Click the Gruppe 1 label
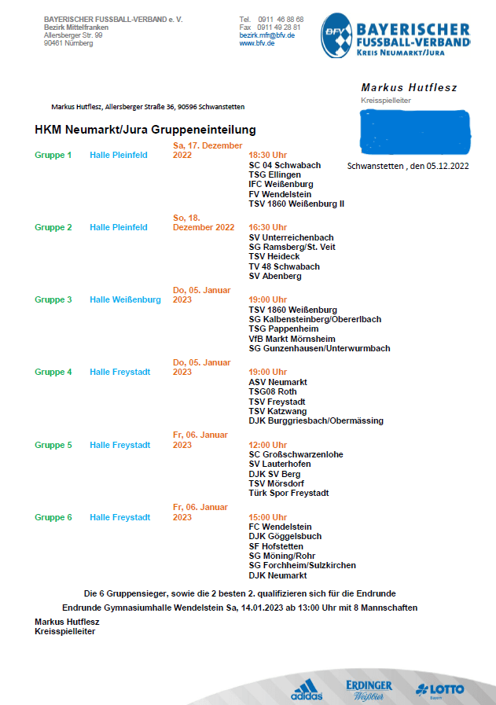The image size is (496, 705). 53,155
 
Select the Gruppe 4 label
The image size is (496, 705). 53,372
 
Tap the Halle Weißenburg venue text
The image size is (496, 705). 125,299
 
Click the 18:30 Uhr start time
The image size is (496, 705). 267,155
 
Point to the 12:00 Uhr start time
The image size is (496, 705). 267,445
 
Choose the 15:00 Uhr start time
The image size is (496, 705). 267,517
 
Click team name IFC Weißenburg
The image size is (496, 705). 281,184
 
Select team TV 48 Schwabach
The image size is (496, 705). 284,266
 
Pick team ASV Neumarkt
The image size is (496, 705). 277,382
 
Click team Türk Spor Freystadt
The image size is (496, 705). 288,494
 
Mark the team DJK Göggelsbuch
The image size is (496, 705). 285,536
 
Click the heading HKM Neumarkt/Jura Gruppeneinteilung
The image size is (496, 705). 145,130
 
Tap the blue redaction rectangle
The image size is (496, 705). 414,131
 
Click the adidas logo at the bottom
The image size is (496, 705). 306,689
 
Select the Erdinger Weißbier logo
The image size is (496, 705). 369,689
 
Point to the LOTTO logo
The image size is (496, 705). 440,690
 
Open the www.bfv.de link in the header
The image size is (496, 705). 257,43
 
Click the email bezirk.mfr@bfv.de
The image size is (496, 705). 267,35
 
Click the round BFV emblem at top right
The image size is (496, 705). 336,35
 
